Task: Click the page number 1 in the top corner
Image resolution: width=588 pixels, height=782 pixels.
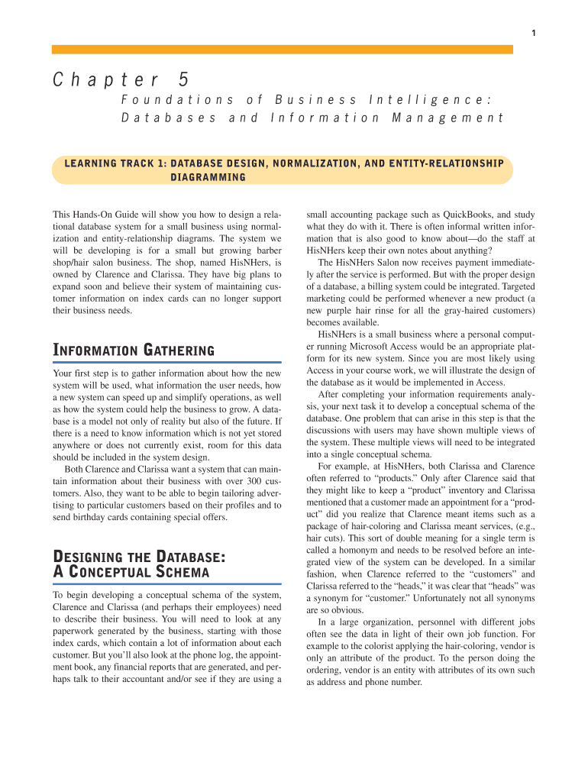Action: tap(533, 32)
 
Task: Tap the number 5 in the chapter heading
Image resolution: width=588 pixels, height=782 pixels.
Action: tap(183, 79)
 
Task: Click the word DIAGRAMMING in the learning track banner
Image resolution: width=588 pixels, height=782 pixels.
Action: tap(207, 177)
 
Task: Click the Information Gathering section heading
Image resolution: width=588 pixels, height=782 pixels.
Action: tap(133, 351)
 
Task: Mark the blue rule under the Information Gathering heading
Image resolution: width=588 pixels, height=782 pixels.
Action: tap(167, 361)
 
